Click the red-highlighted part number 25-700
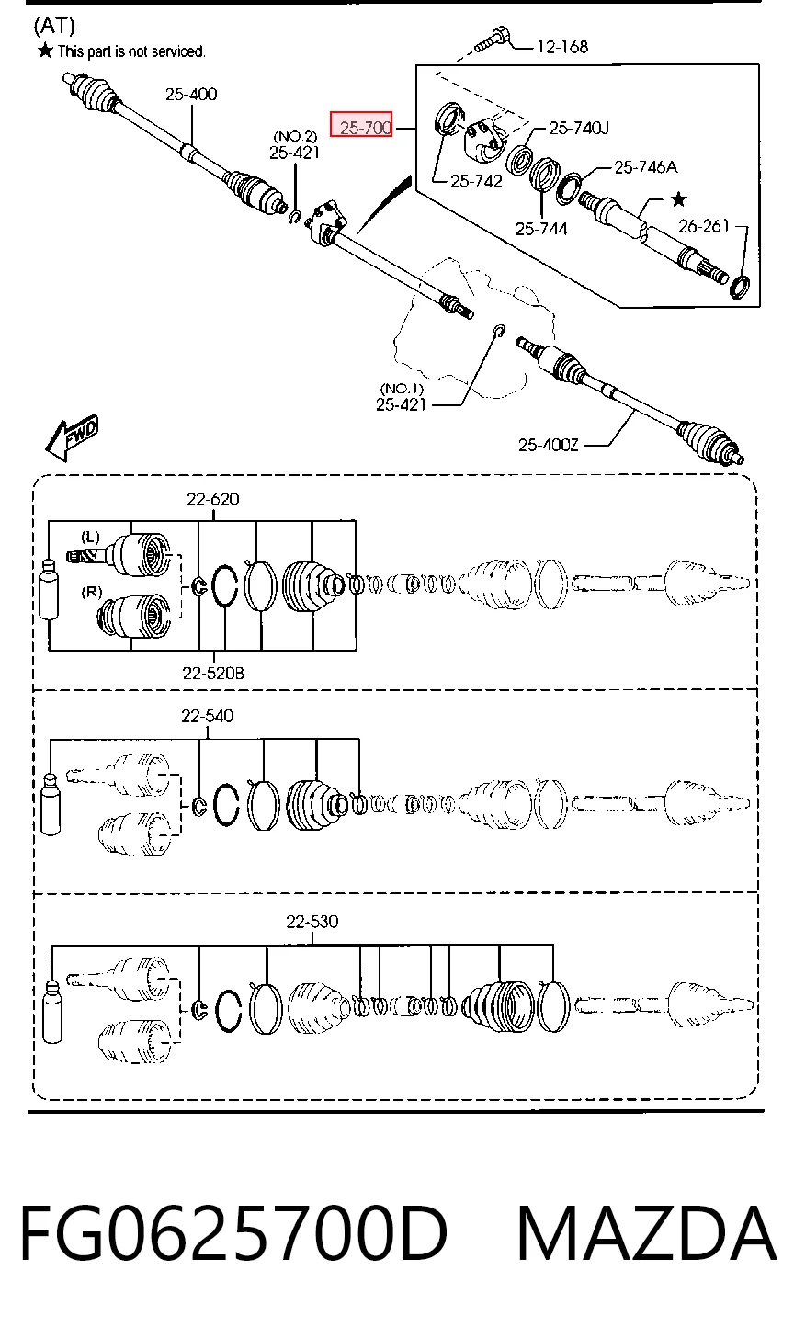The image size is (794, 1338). [361, 124]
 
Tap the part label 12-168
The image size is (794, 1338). [562, 47]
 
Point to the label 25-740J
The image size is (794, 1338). [578, 128]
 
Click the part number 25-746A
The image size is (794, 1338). [645, 167]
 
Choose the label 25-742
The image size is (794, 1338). [476, 181]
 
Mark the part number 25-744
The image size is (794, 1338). [541, 229]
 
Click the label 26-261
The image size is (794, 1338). [703, 226]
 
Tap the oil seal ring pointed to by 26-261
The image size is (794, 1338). [740, 287]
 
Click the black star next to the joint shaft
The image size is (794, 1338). [679, 198]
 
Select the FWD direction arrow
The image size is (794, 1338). [72, 437]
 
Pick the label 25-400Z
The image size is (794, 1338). [549, 445]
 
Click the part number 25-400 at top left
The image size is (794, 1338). [191, 94]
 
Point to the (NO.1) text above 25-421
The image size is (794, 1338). [402, 390]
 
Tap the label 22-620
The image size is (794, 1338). [212, 499]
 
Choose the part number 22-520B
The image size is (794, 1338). [213, 674]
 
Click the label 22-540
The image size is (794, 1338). [208, 716]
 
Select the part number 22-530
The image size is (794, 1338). [312, 922]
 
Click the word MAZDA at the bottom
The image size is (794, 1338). [646, 1232]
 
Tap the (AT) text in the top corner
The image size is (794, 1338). [54, 26]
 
